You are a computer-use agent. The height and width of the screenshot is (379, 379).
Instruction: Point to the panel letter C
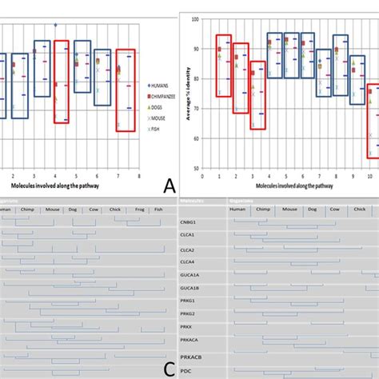click(170, 369)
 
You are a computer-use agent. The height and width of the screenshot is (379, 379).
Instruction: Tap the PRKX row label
click(186, 326)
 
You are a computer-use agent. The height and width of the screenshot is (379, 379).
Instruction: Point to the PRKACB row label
click(191, 357)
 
